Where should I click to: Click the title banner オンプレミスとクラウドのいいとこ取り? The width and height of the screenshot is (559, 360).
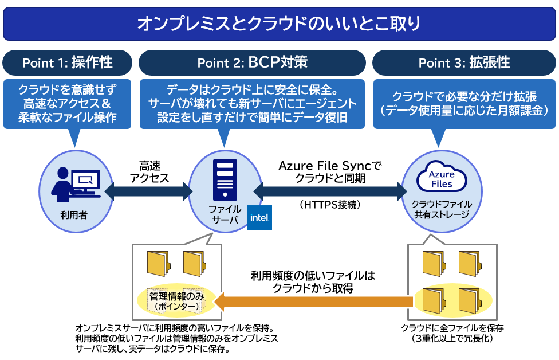(279, 24)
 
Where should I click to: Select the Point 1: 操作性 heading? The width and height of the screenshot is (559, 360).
(67, 62)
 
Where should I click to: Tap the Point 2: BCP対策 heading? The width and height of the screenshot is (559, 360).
(252, 62)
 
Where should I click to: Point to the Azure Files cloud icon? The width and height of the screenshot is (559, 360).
(442, 177)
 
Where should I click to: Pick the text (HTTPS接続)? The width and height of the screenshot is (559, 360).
(329, 204)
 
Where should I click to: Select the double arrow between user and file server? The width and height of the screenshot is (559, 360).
(148, 191)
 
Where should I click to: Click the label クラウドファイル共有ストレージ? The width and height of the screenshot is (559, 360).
(442, 209)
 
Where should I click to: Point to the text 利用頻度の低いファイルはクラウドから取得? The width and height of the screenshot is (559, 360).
(313, 281)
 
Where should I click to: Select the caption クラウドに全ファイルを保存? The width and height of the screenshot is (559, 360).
(452, 328)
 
